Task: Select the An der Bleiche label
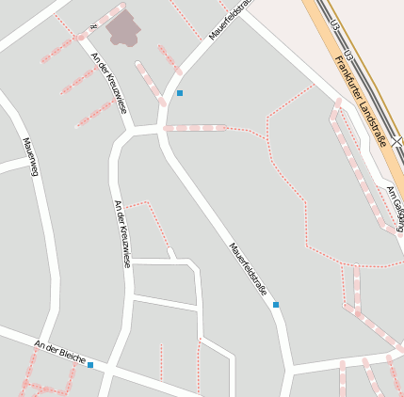coord(60,353)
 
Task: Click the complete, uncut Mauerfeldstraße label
coord(248,271)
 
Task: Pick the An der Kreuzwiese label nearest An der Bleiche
coord(120,233)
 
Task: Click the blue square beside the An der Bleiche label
coord(91,365)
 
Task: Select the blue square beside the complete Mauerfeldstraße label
coord(276,305)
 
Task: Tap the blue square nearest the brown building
coord(180,93)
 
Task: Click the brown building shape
coord(123,29)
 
